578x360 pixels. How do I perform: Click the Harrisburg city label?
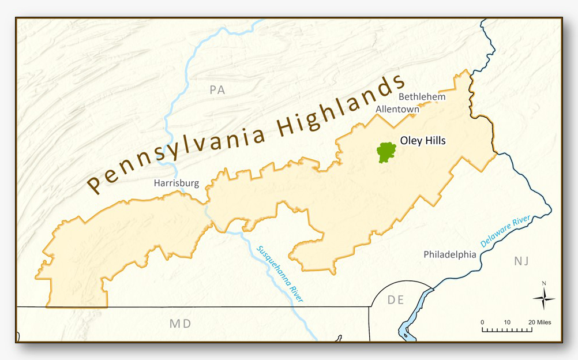(x=176, y=183)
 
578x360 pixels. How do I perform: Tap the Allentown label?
(x=397, y=108)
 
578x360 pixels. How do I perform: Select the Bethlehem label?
(x=422, y=96)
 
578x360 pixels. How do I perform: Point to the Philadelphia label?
(x=450, y=254)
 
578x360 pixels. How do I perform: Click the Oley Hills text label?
(x=423, y=140)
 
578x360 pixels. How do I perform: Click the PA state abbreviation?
(x=217, y=90)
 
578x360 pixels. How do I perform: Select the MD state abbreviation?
(x=180, y=324)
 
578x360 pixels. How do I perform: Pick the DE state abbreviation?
(x=396, y=299)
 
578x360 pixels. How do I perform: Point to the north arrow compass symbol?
(x=543, y=299)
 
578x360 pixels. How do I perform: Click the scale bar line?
(x=506, y=331)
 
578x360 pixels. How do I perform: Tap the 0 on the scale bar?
(x=482, y=322)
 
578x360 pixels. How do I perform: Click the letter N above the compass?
(x=543, y=283)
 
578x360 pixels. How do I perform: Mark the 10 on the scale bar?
(x=507, y=322)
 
